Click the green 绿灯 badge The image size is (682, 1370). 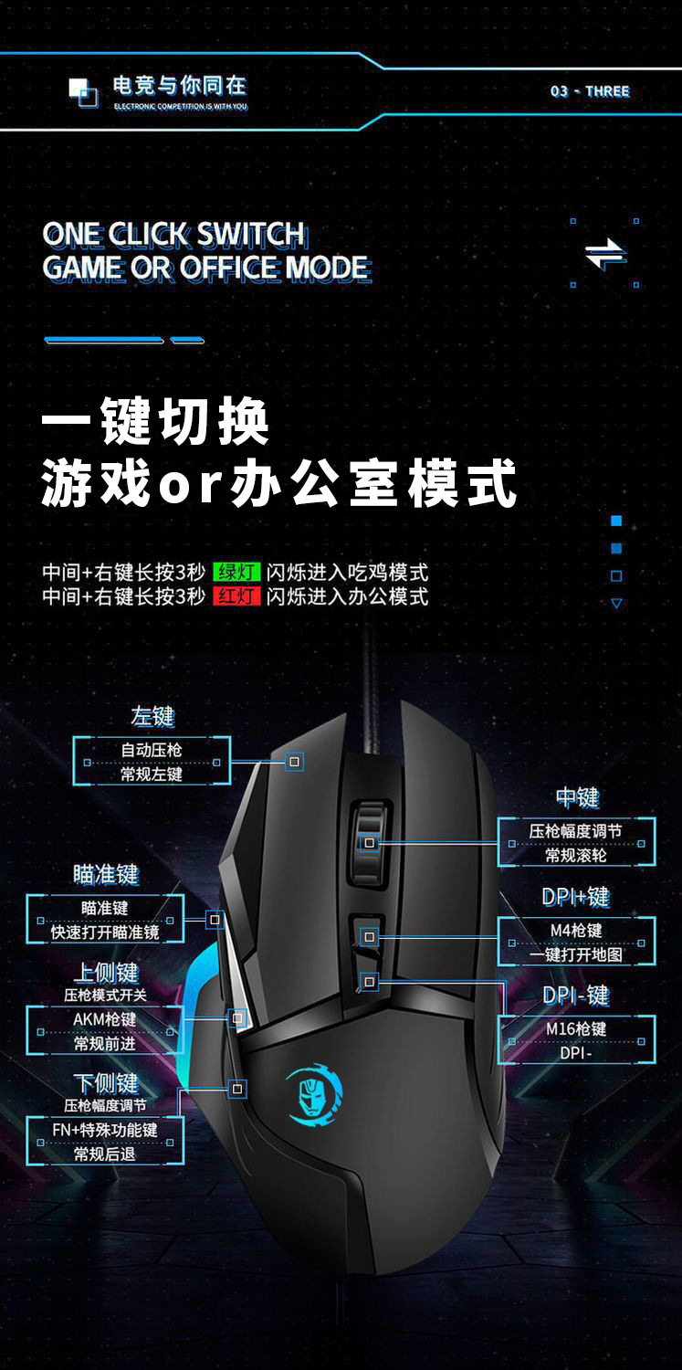(x=236, y=572)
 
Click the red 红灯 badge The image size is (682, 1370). (x=236, y=595)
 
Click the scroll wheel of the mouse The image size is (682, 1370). (x=370, y=842)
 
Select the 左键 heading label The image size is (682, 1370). (x=152, y=716)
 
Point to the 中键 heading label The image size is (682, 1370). (x=578, y=797)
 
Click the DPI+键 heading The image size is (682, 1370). (x=576, y=897)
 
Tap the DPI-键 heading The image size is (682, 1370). (x=576, y=996)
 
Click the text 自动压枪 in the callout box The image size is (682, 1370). (x=152, y=750)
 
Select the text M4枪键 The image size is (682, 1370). (x=576, y=931)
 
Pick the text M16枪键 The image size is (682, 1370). (x=576, y=1028)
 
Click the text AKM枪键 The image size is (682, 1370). (x=104, y=1019)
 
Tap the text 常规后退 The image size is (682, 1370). (x=104, y=1154)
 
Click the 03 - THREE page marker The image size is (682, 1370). (x=590, y=91)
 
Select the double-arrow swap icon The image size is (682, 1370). (x=605, y=255)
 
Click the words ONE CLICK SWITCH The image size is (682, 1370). (x=174, y=235)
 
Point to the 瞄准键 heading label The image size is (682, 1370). (x=106, y=875)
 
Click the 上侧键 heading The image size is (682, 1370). (x=106, y=973)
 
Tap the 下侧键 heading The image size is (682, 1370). (x=106, y=1084)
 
